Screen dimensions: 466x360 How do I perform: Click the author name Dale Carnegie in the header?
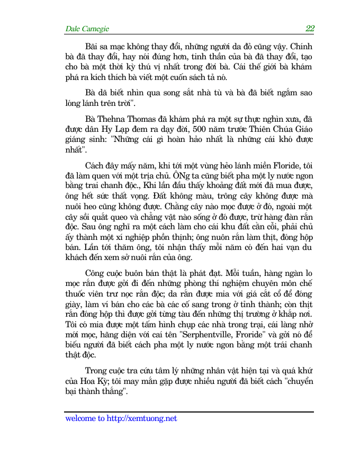coord(87,29)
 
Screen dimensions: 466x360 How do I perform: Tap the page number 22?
coord(310,29)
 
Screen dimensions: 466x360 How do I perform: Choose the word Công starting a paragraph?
coord(96,273)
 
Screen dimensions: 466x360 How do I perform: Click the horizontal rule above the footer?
coord(189,411)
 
